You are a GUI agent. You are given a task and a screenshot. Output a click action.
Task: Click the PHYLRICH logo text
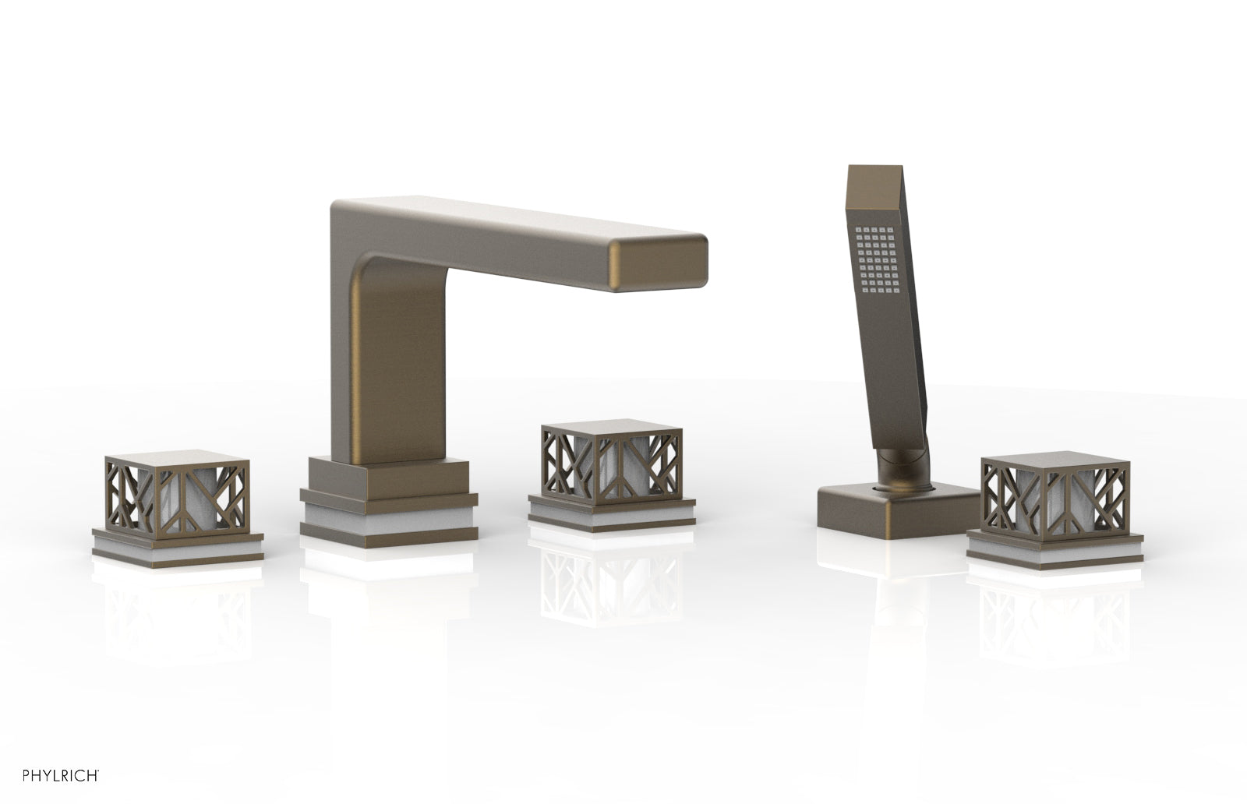61,776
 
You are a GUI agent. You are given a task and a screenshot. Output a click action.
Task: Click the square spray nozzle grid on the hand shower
878,259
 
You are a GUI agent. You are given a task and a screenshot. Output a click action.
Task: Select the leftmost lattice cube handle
176,494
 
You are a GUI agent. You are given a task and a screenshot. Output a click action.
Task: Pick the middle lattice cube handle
611,462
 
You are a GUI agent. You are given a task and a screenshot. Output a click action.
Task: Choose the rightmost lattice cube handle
1055,496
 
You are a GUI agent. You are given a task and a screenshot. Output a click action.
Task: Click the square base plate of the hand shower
897,510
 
